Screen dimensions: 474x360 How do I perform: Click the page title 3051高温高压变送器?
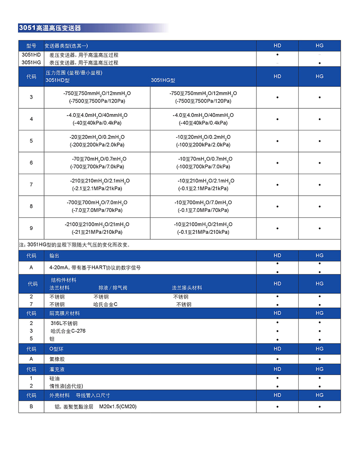[49, 28]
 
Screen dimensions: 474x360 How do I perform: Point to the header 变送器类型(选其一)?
[66, 46]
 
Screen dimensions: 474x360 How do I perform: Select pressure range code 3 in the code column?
[31, 97]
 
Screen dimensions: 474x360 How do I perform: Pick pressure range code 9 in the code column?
[31, 228]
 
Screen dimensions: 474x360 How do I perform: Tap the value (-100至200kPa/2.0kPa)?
[203, 145]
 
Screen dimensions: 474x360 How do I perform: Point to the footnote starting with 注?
[74, 245]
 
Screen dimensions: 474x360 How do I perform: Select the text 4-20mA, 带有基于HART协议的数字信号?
[95, 268]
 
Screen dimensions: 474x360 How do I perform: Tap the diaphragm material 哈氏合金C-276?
[68, 331]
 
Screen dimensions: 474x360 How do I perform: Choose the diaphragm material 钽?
[52, 339]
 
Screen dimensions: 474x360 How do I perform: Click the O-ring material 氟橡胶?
[57, 359]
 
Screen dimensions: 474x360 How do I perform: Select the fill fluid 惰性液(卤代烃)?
[66, 386]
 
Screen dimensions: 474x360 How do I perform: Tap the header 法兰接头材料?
[187, 288]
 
